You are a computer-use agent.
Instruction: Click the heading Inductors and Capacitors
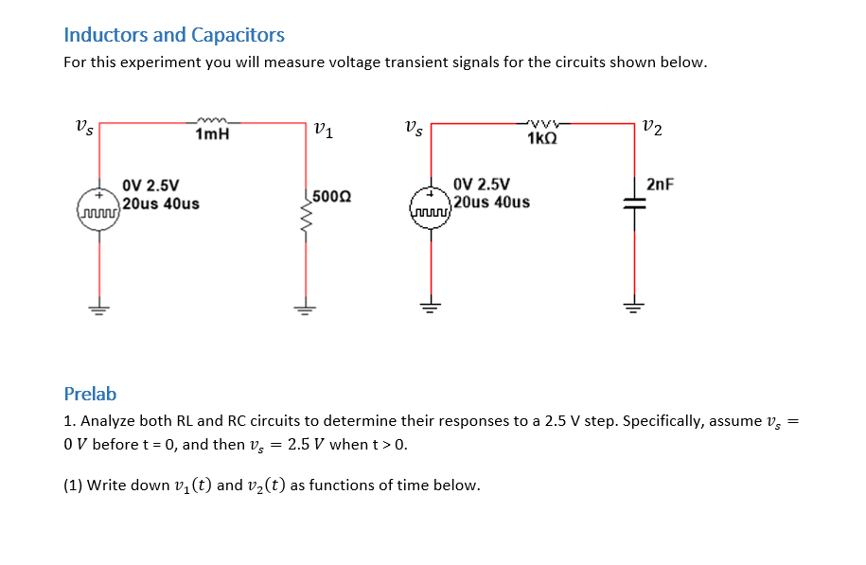[x=173, y=35]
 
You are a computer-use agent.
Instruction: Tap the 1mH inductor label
[x=212, y=135]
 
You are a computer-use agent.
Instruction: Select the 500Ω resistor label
[x=331, y=197]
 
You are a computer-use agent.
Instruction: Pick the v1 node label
[x=323, y=130]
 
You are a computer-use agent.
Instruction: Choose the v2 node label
[x=652, y=128]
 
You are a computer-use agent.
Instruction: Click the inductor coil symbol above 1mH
[x=213, y=121]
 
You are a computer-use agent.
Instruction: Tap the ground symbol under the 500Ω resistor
[x=305, y=307]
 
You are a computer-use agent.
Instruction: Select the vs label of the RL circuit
[x=83, y=127]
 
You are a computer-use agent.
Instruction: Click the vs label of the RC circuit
[x=414, y=127]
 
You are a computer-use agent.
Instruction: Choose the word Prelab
[x=90, y=394]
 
